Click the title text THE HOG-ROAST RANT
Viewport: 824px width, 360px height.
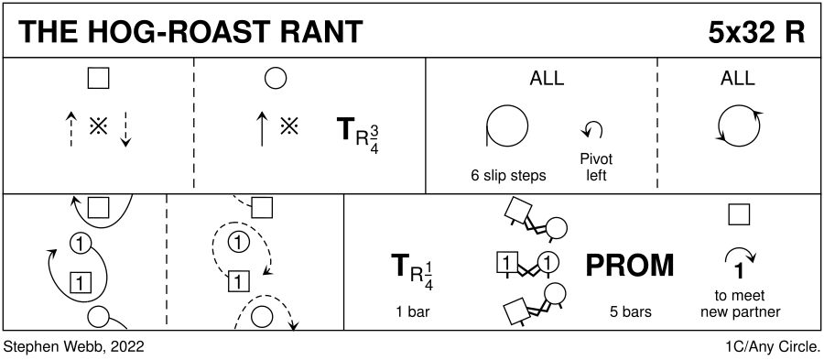(190, 32)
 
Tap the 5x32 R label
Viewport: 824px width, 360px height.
(756, 32)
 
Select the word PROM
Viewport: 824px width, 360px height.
(629, 266)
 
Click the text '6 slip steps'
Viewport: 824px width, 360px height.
(508, 176)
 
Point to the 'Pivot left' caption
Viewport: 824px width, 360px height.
(596, 167)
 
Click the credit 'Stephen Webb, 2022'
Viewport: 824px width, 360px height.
(73, 347)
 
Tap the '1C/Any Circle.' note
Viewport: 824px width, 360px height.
(773, 347)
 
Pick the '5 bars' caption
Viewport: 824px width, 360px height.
(631, 311)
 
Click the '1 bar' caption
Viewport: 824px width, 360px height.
(413, 311)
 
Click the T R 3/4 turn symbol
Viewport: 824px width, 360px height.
(357, 135)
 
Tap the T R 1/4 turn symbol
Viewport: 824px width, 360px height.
(413, 271)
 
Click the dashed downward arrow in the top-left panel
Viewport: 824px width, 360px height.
(125, 129)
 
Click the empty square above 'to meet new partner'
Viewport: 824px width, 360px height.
(739, 214)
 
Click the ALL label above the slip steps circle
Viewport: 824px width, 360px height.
(547, 78)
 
